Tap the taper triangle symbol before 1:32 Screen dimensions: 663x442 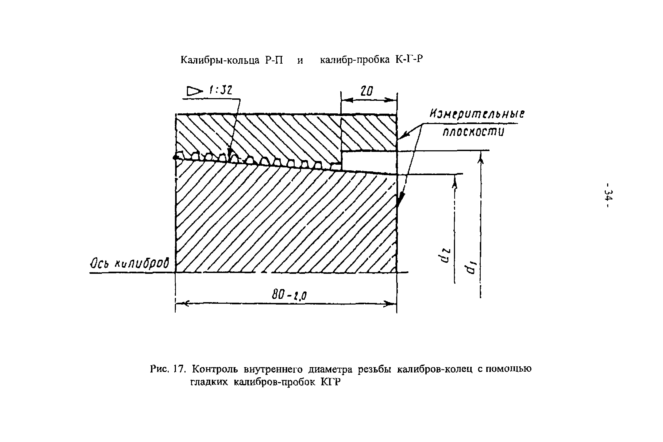(x=194, y=91)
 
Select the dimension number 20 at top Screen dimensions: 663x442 (x=367, y=91)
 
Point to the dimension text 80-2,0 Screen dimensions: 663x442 (x=289, y=295)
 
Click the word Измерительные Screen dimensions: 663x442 (x=477, y=114)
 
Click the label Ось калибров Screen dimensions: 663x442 (x=130, y=264)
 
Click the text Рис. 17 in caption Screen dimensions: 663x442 (x=167, y=369)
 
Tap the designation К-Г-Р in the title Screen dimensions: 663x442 (x=409, y=59)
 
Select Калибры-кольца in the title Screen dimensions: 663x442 (x=220, y=60)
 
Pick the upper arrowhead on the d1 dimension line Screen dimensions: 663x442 (x=481, y=160)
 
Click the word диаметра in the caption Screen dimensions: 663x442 (x=330, y=369)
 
